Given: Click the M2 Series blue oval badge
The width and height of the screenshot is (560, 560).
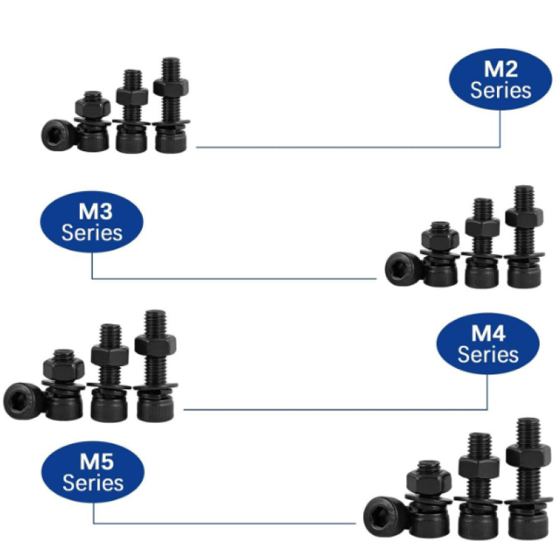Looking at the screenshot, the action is [500, 79].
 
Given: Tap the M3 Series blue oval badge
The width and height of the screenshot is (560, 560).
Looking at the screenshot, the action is [92, 221].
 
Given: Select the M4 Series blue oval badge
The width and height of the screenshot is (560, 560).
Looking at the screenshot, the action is [488, 344].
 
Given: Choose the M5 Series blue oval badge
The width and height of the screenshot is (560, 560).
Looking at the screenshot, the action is [93, 471].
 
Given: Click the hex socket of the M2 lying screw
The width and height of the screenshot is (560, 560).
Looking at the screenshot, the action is [55, 136].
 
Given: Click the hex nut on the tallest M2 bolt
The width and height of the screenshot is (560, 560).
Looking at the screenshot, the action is [171, 87].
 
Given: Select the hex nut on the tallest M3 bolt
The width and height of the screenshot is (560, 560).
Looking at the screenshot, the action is [524, 217].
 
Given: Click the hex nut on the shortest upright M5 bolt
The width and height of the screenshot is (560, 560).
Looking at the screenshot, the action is [429, 481].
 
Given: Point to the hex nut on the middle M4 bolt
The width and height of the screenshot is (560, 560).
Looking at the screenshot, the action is [110, 355].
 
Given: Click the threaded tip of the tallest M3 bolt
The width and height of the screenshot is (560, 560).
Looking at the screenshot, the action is [524, 197].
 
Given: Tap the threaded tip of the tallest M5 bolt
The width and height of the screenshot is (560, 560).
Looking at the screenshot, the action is [528, 430].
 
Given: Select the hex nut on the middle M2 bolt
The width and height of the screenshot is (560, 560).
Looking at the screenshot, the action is [132, 96].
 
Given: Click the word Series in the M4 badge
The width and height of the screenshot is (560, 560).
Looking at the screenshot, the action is [488, 354].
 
